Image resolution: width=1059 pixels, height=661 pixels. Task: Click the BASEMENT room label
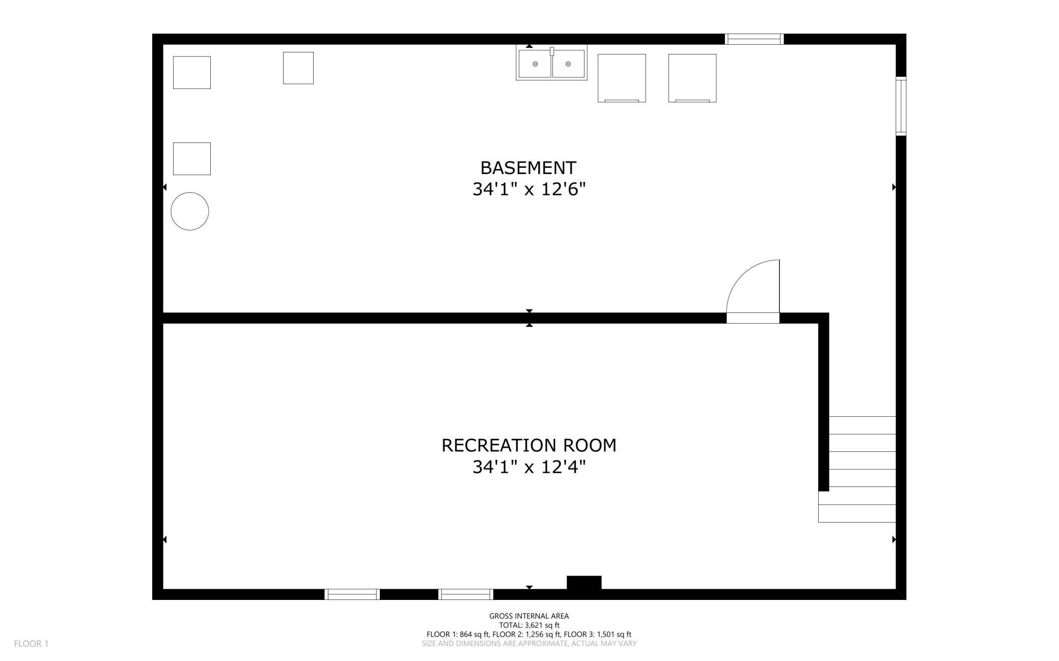(x=528, y=167)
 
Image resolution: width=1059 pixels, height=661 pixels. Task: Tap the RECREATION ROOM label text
(x=528, y=445)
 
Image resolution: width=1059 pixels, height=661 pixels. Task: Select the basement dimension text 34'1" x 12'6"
(x=529, y=189)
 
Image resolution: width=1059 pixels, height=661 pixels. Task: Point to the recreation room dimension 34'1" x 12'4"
(x=529, y=467)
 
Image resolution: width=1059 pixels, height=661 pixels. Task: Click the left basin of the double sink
(x=535, y=64)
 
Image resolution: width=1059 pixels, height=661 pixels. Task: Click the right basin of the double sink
(x=568, y=64)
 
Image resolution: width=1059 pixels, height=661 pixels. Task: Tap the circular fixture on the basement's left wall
(x=190, y=211)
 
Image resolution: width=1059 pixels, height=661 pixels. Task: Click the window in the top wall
(x=754, y=39)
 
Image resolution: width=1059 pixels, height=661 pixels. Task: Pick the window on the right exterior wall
(x=901, y=106)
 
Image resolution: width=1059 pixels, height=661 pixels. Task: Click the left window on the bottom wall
(x=352, y=594)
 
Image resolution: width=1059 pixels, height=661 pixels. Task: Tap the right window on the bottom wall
(x=466, y=594)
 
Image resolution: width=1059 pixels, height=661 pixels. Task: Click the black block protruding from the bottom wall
(x=584, y=583)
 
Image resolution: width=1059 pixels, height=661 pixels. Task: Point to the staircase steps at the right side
(x=857, y=469)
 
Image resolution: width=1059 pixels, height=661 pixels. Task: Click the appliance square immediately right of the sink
(x=622, y=78)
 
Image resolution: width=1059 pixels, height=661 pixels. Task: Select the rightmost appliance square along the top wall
(x=692, y=78)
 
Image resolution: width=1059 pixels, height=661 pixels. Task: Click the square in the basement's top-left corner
(x=192, y=73)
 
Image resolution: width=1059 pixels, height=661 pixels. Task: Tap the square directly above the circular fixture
(x=192, y=159)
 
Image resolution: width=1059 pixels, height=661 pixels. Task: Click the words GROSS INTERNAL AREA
(x=529, y=616)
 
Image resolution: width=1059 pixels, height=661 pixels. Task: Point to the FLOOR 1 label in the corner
(x=31, y=644)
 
